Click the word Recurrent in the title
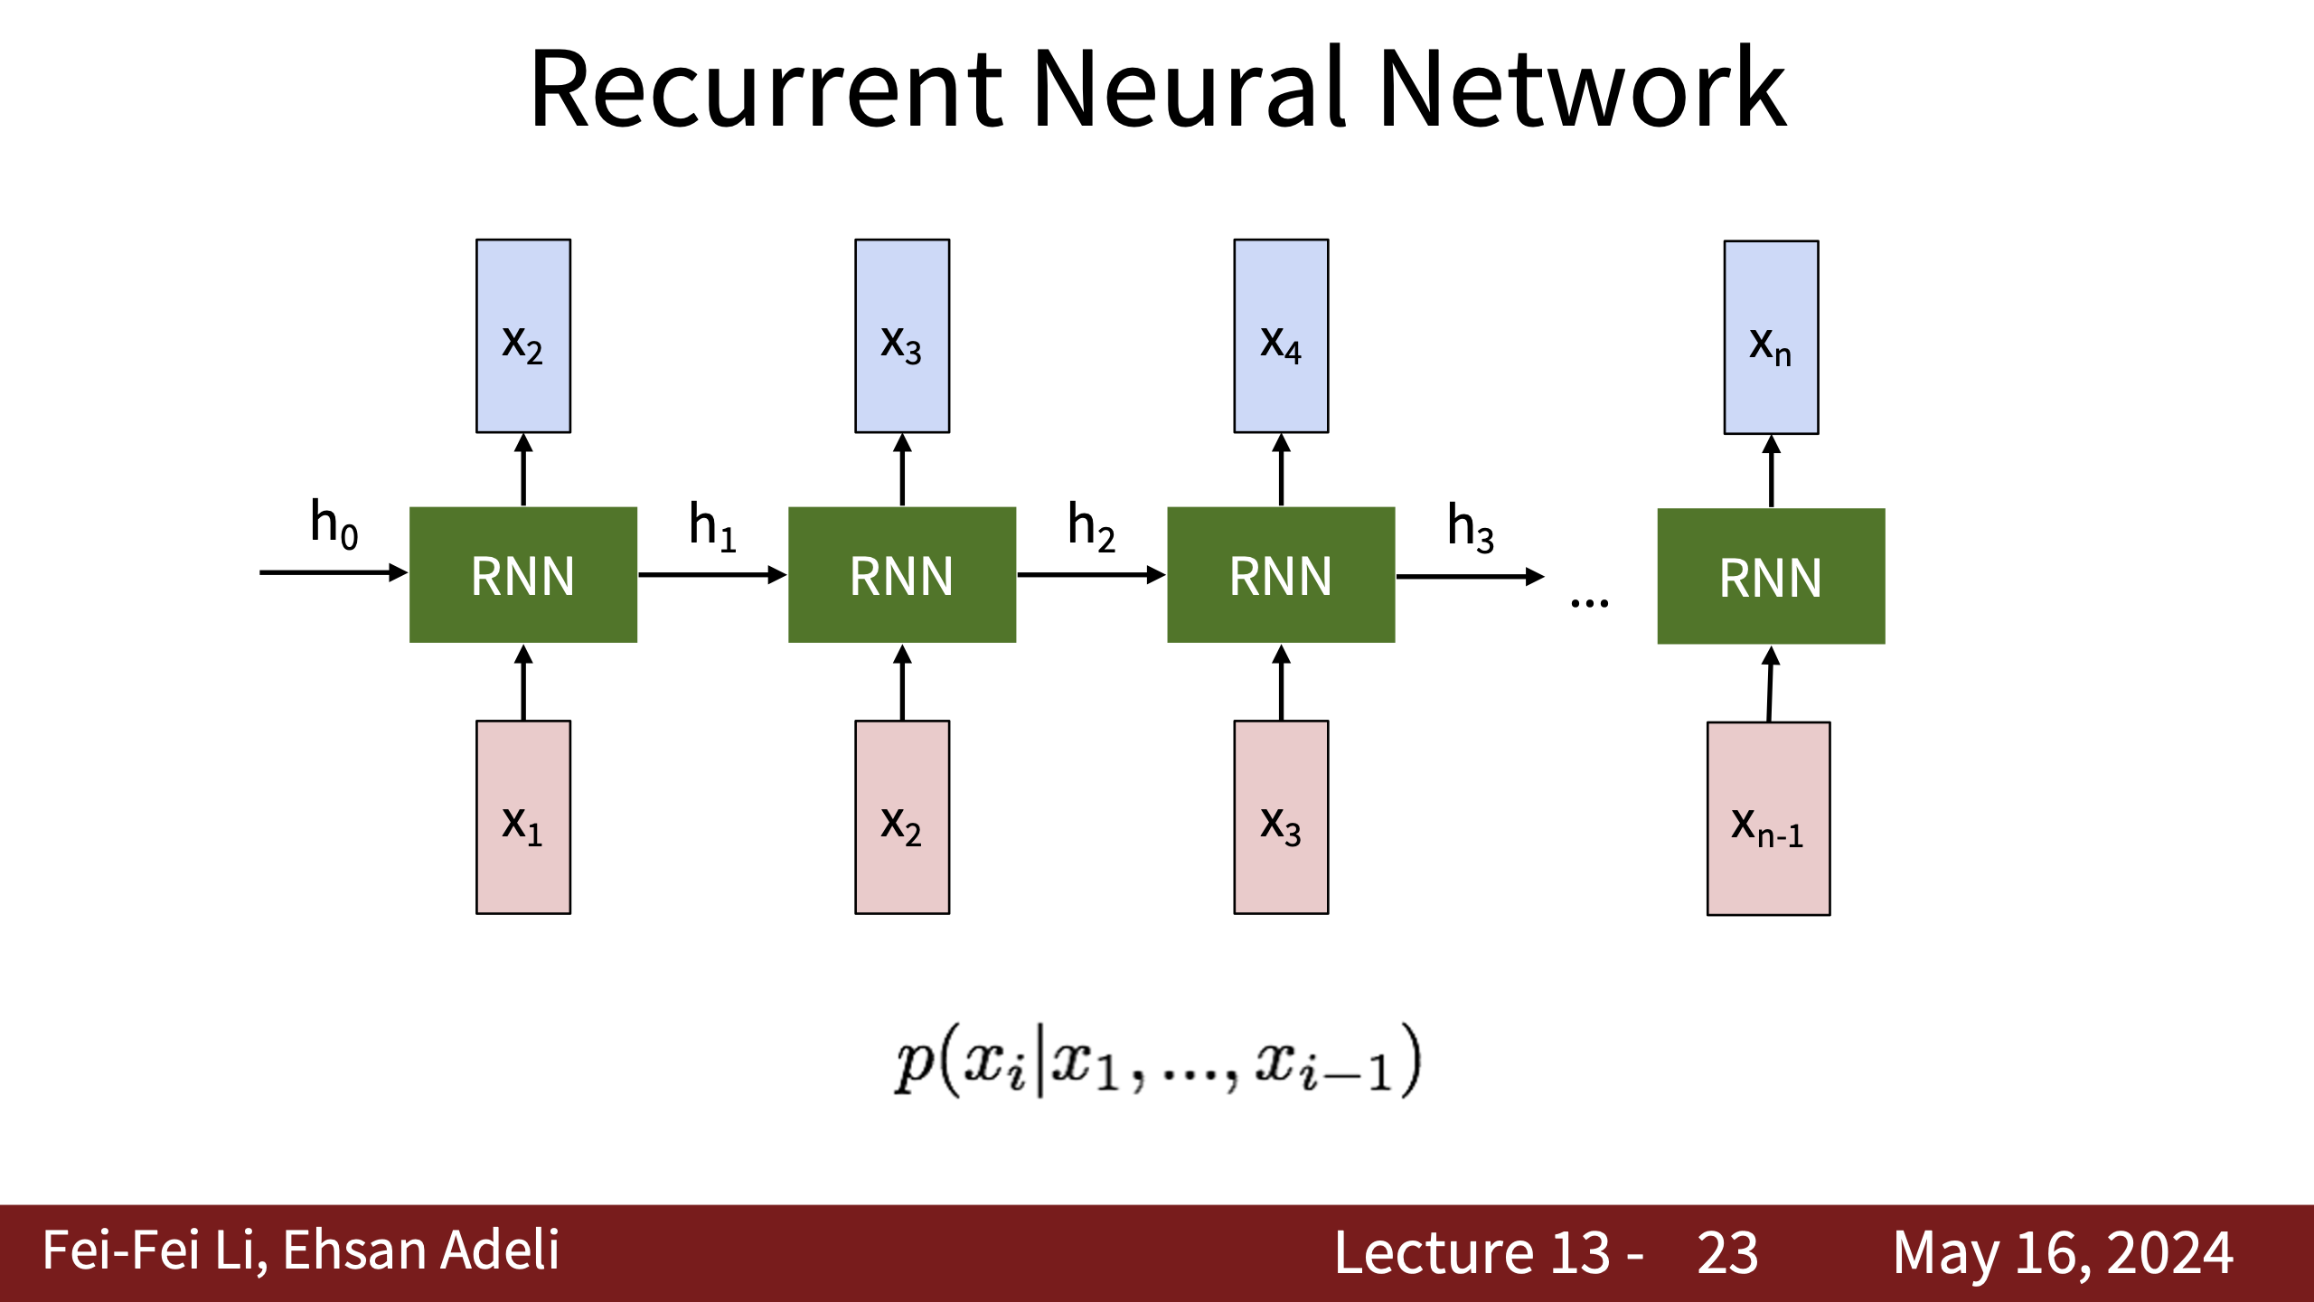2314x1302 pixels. [767, 89]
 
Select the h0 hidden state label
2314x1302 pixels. [334, 524]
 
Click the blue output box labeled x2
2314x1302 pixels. [523, 336]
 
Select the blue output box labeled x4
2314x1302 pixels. [1281, 336]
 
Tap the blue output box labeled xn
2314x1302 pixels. [1771, 337]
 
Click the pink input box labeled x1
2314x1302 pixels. [523, 817]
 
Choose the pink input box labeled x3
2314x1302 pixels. [1281, 817]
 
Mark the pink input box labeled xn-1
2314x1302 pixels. [1768, 819]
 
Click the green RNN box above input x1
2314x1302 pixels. [523, 575]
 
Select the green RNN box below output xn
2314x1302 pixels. [1771, 577]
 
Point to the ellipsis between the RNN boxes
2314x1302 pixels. [1589, 603]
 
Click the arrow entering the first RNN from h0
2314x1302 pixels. [334, 572]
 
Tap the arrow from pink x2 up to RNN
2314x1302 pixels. [902, 683]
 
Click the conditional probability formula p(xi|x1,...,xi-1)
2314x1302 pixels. [1158, 1060]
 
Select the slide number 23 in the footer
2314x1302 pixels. [1727, 1253]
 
